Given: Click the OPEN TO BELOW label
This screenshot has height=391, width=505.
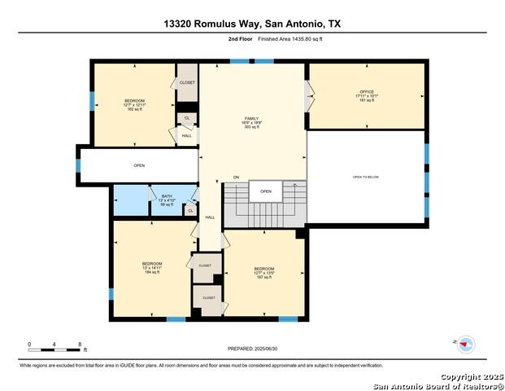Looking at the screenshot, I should pyautogui.click(x=365, y=177).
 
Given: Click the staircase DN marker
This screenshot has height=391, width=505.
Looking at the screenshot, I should pyautogui.click(x=236, y=177).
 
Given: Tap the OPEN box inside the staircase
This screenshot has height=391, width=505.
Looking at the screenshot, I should pyautogui.click(x=265, y=192).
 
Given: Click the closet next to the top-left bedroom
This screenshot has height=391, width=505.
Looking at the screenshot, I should pyautogui.click(x=187, y=83).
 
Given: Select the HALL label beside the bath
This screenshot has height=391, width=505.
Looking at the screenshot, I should pyautogui.click(x=210, y=217).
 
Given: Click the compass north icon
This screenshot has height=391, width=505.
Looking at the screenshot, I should pyautogui.click(x=465, y=345).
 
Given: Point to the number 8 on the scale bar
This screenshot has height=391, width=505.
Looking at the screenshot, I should pyautogui.click(x=79, y=345).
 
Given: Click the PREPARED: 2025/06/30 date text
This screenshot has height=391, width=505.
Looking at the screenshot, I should pyautogui.click(x=252, y=348).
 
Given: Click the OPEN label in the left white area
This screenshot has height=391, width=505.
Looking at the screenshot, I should pyautogui.click(x=139, y=165).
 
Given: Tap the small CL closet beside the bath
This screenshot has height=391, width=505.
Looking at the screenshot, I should pyautogui.click(x=190, y=211).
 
